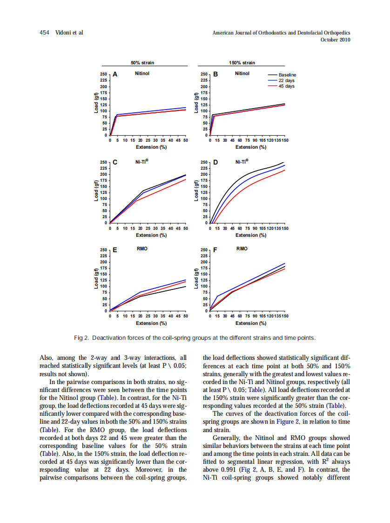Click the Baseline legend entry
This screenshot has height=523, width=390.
click(x=287, y=75)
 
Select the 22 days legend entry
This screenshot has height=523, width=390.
click(x=286, y=81)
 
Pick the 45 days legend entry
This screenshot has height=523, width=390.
click(x=286, y=86)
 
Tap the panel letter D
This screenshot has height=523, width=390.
click(x=215, y=163)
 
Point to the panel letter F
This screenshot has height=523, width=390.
click(x=215, y=250)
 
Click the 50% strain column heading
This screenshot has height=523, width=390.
click(x=142, y=63)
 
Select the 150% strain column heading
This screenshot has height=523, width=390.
click(x=242, y=63)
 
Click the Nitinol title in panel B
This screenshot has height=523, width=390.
click(x=242, y=73)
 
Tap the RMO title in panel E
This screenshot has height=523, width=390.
click(x=142, y=249)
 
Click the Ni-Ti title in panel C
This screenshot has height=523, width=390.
click(x=141, y=162)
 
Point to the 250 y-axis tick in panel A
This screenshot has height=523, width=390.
click(x=104, y=75)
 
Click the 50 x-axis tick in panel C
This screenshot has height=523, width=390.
click(x=185, y=228)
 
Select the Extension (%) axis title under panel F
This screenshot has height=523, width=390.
click(x=251, y=323)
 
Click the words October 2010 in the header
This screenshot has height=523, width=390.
click(x=336, y=40)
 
